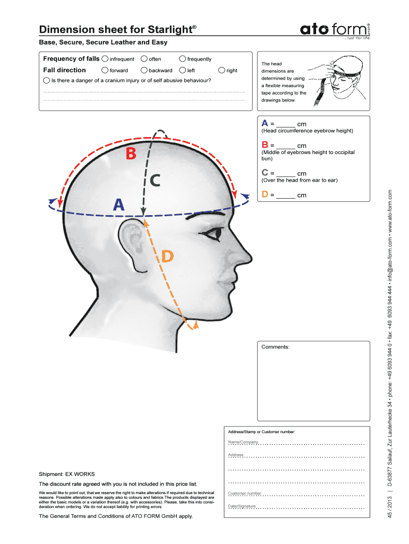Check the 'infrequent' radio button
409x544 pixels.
pos(105,59)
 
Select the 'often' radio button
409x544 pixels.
pos(144,59)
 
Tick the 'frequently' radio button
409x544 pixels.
pos(183,59)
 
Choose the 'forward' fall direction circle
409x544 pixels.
pos(105,70)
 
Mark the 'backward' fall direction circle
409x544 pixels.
pos(144,70)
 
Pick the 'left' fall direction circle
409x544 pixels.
pos(183,70)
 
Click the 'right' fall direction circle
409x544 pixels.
pos(221,70)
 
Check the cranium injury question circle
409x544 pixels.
pos(47,81)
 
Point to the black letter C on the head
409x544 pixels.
pos(155,181)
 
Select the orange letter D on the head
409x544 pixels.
pos(167,257)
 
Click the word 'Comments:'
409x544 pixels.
pos(275,347)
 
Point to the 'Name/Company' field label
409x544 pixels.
pos(243,442)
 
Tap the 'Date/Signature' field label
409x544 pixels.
pos(242,506)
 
